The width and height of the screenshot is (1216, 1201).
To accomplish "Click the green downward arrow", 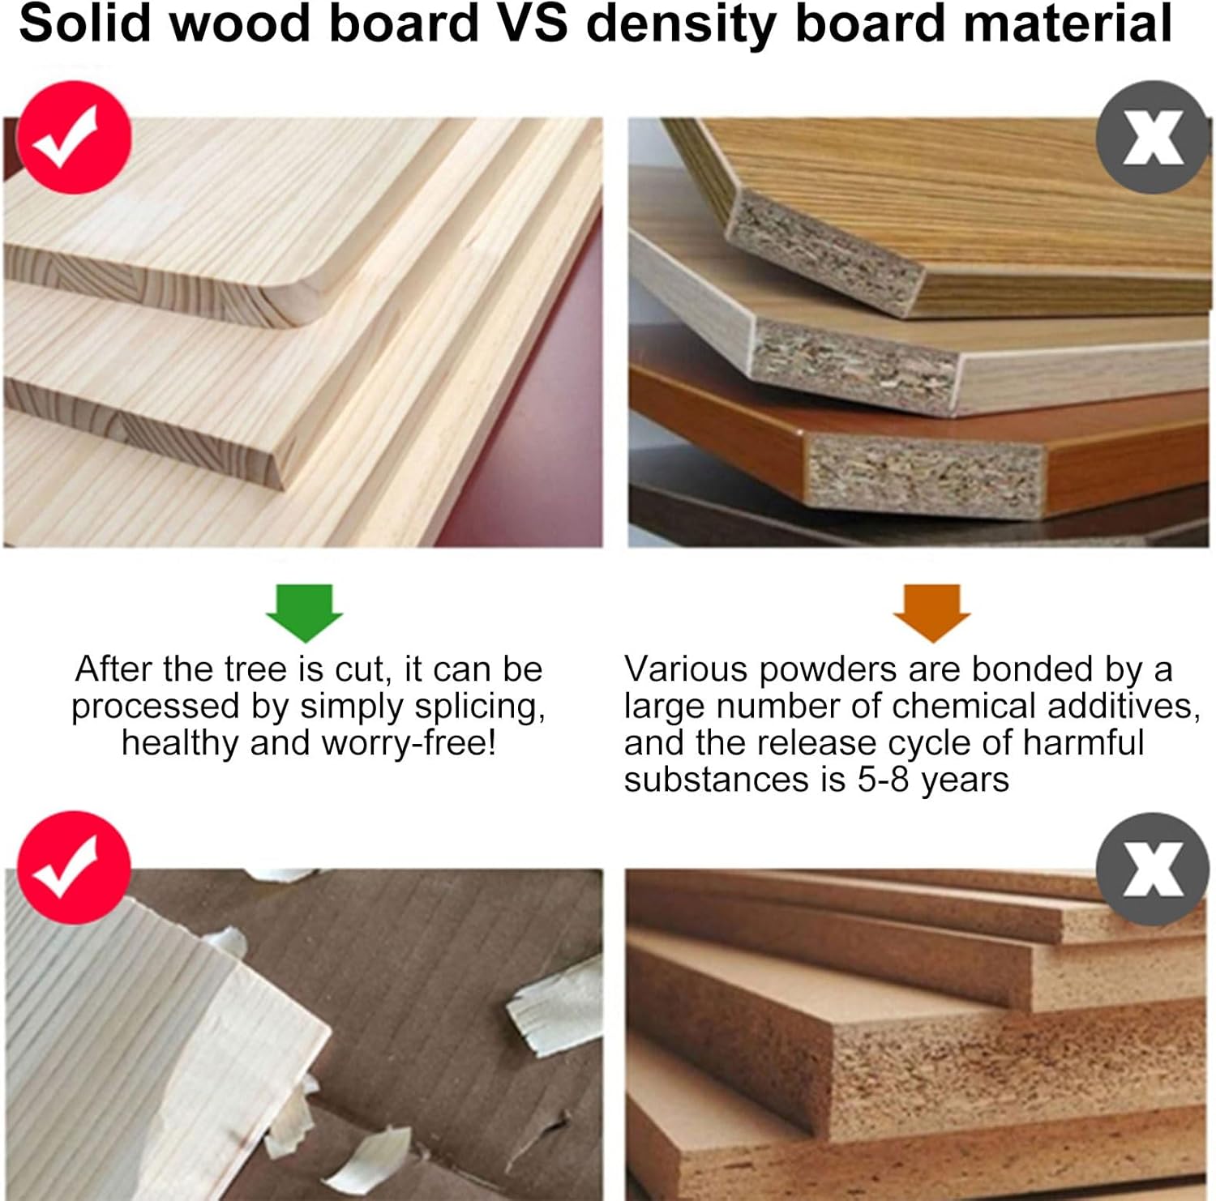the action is [x=304, y=613].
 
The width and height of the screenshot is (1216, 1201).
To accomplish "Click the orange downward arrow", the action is [x=931, y=613].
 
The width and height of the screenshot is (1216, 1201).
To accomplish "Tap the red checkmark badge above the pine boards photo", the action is [x=74, y=137].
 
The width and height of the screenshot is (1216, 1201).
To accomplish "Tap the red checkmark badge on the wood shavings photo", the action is [x=74, y=868].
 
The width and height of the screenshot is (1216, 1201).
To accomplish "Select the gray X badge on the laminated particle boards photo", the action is [x=1153, y=137].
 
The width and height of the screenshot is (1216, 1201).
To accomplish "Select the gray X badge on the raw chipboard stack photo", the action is [x=1153, y=870].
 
